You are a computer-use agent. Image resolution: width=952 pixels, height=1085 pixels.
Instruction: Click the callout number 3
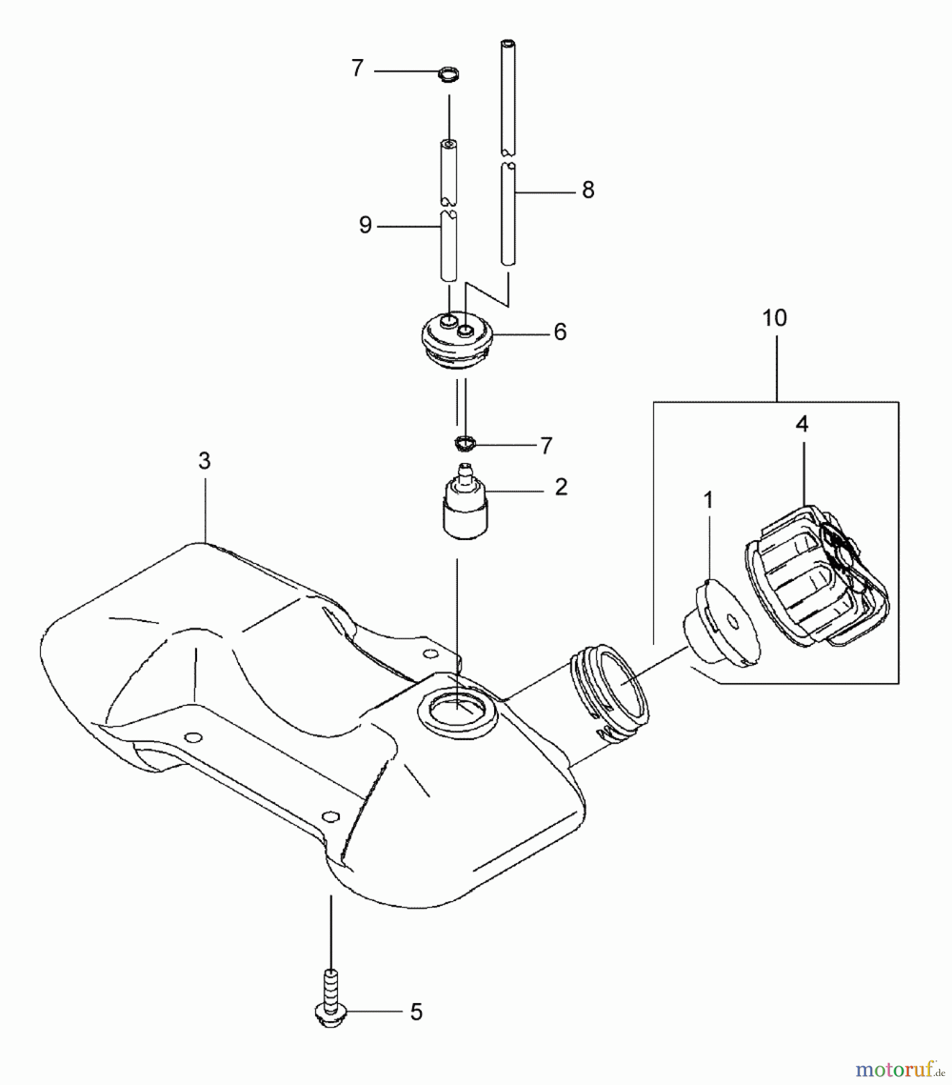click(204, 461)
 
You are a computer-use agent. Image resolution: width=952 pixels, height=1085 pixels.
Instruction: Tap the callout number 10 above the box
click(774, 318)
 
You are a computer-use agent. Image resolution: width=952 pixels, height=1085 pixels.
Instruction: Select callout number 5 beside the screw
click(416, 1012)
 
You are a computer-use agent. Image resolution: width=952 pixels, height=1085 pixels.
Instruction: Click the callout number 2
click(561, 487)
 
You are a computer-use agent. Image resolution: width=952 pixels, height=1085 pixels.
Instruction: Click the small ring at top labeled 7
click(448, 75)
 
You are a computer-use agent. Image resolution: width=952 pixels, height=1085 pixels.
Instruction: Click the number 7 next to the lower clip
click(546, 446)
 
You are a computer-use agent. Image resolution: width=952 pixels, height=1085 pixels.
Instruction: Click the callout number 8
click(588, 190)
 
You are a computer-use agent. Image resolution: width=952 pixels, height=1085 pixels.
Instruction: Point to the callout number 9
click(365, 225)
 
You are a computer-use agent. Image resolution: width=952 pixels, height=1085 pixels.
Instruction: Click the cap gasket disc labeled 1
click(723, 624)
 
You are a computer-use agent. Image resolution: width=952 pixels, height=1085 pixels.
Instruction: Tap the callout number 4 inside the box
click(801, 424)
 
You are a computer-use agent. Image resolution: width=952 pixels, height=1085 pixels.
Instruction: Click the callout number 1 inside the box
click(708, 500)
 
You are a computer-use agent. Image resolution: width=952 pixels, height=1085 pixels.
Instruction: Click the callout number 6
click(560, 332)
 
